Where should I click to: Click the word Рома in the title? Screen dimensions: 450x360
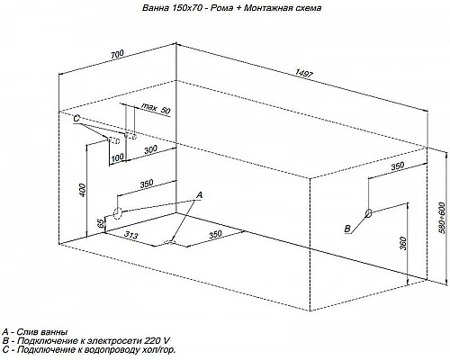pos(221,8)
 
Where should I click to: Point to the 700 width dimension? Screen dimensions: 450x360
pos(117,54)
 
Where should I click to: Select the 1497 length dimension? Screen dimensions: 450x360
pos(304,74)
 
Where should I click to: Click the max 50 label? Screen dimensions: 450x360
pos(156,109)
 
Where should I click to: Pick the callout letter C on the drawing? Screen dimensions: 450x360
pos(76,119)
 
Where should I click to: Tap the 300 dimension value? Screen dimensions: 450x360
pos(150,149)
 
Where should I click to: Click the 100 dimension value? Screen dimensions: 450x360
pos(117,157)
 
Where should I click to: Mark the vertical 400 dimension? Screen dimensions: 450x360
pos(83,189)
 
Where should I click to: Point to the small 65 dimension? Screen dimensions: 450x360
pos(101,224)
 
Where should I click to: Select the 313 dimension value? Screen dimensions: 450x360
pos(131,235)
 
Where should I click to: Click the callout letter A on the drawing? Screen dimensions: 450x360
pos(199,195)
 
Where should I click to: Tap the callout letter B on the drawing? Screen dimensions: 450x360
pos(347,229)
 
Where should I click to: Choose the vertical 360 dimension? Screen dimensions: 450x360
pos(403,244)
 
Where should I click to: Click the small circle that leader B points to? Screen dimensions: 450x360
pos(369,212)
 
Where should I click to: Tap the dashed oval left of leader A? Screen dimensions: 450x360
pos(117,213)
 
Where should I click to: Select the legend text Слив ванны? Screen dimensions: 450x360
pos(42,332)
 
